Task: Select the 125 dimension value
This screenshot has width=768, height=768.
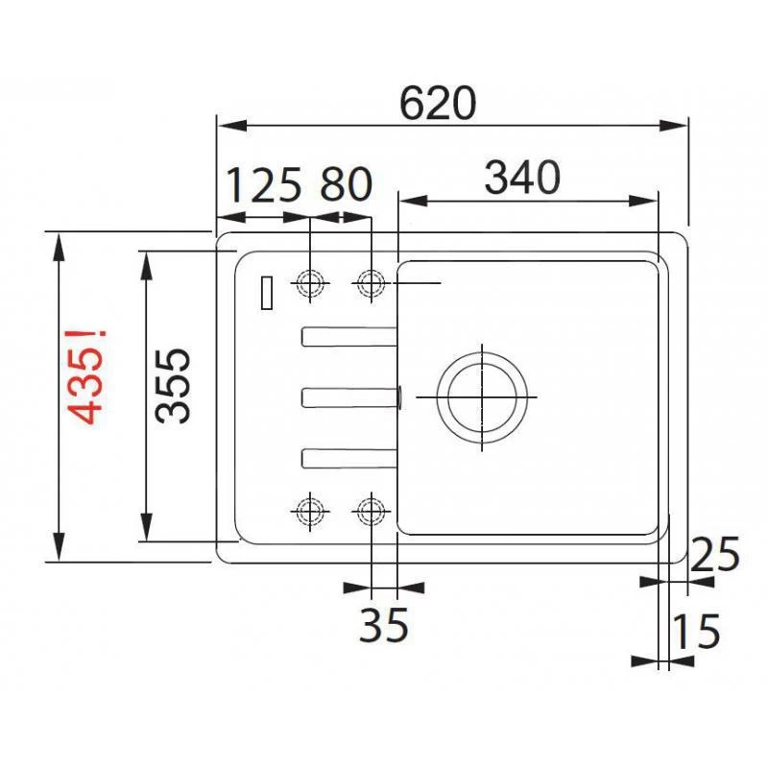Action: pyautogui.click(x=264, y=184)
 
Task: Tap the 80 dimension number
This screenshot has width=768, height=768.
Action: pyautogui.click(x=345, y=184)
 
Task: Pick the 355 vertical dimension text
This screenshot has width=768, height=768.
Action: pyautogui.click(x=175, y=385)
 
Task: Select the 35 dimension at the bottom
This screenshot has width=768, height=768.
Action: pyautogui.click(x=384, y=626)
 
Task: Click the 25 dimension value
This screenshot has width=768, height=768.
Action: pyautogui.click(x=715, y=556)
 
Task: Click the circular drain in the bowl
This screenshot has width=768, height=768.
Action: pyautogui.click(x=482, y=396)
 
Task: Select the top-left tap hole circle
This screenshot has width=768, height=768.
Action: pyautogui.click(x=310, y=283)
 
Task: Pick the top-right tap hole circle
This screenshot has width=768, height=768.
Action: pyautogui.click(x=371, y=283)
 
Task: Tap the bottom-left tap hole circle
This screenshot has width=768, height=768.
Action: pyautogui.click(x=310, y=511)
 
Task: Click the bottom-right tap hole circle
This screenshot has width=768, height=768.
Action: pyautogui.click(x=371, y=511)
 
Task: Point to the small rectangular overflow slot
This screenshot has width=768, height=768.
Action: pyautogui.click(x=266, y=293)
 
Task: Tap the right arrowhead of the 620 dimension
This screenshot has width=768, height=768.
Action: pyautogui.click(x=680, y=125)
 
